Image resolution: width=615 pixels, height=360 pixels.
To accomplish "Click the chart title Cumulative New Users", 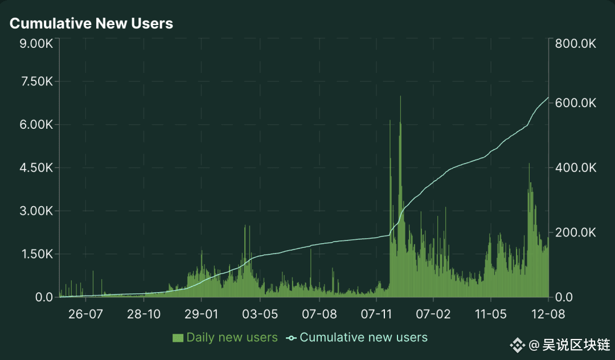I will tap(91, 23).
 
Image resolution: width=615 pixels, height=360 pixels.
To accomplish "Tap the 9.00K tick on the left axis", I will tap(36, 43).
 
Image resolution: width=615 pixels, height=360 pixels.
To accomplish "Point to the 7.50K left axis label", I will tap(36, 81).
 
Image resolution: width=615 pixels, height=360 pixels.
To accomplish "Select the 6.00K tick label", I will tap(36, 125).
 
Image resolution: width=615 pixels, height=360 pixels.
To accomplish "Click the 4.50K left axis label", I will tap(36, 168).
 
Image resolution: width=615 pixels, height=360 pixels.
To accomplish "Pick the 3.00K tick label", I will tap(36, 211).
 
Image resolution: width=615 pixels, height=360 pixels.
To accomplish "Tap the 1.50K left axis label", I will tap(36, 254).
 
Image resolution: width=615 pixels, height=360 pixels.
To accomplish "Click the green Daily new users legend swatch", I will tap(178, 338).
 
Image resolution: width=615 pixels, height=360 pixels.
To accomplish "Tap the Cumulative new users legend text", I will tap(363, 337).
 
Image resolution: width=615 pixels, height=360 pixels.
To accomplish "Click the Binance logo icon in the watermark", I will tap(517, 345).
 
